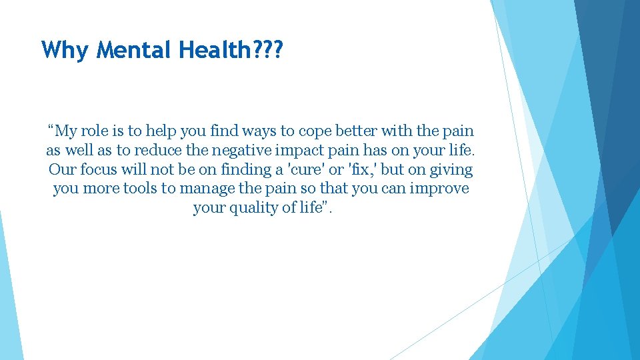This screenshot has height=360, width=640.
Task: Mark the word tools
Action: pos(139,189)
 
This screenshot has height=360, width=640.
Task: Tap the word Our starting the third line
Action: pos(63,169)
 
